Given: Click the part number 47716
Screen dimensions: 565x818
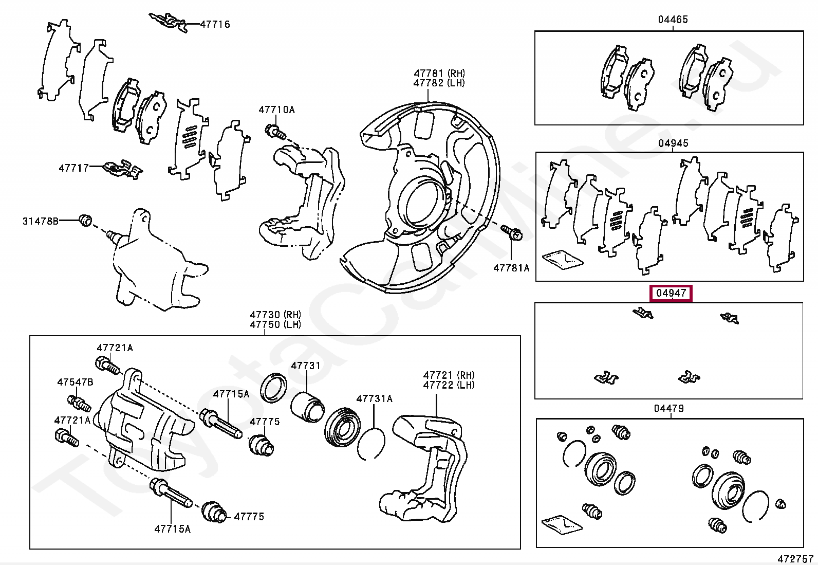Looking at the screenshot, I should (215, 24).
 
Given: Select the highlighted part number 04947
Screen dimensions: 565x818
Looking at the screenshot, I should (672, 294).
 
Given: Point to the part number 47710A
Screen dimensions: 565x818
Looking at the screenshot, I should (277, 110).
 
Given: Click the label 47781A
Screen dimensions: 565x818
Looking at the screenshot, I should (511, 268).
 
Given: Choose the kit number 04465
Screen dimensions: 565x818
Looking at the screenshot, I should (673, 20).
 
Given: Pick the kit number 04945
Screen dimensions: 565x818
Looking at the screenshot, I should (673, 143).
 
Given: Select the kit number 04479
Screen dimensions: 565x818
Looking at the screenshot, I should (669, 409).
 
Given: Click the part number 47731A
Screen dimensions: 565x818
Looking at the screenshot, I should (374, 398).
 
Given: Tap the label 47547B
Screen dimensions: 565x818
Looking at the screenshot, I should (75, 382).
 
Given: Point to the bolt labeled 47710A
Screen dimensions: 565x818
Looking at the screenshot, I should (275, 132).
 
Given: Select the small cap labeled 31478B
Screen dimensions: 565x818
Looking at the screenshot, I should (86, 220).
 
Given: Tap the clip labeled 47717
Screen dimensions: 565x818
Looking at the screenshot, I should (122, 169).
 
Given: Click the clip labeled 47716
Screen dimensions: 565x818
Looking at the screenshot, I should (169, 22).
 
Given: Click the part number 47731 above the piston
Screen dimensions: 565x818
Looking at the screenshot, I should (305, 366).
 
